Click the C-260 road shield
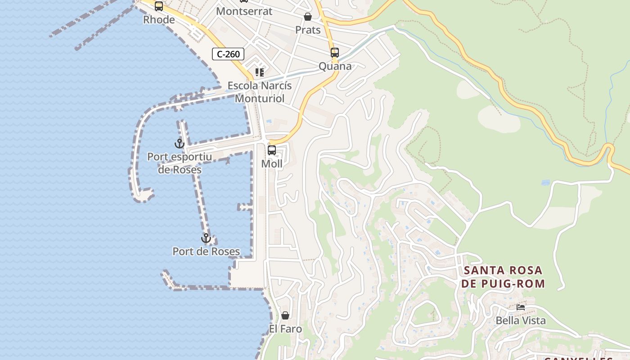pyautogui.click(x=228, y=54)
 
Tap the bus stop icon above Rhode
pyautogui.click(x=158, y=6)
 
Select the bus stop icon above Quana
pyautogui.click(x=334, y=52)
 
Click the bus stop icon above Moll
pyautogui.click(x=272, y=150)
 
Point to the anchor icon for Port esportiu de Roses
pyautogui.click(x=180, y=144)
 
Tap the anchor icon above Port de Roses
pyautogui.click(x=206, y=238)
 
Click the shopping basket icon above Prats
pyautogui.click(x=308, y=17)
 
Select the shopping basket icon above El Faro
pyautogui.click(x=285, y=315)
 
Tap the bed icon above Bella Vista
pyautogui.click(x=521, y=307)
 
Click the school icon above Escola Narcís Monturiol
pyautogui.click(x=260, y=72)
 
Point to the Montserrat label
pyautogui.click(x=244, y=11)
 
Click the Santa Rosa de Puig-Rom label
pyautogui.click(x=503, y=277)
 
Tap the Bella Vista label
pyautogui.click(x=521, y=320)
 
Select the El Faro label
pyautogui.click(x=285, y=329)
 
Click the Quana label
pyautogui.click(x=335, y=66)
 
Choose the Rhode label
pyautogui.click(x=159, y=20)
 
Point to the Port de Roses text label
pyautogui.click(x=206, y=252)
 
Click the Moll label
pyautogui.click(x=272, y=164)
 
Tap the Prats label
pyautogui.click(x=308, y=30)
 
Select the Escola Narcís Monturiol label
pyautogui.click(x=260, y=92)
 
